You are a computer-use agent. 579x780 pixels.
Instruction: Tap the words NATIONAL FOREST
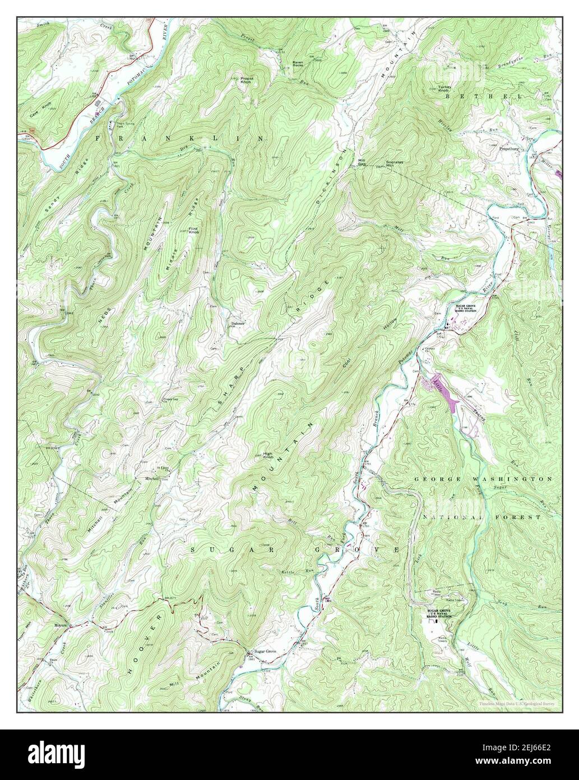click(x=481, y=516)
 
